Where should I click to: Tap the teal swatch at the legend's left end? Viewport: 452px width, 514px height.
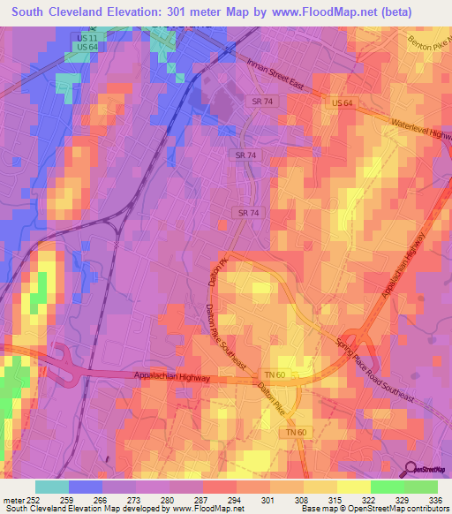[52, 488]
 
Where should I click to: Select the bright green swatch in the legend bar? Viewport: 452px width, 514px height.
[387, 488]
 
